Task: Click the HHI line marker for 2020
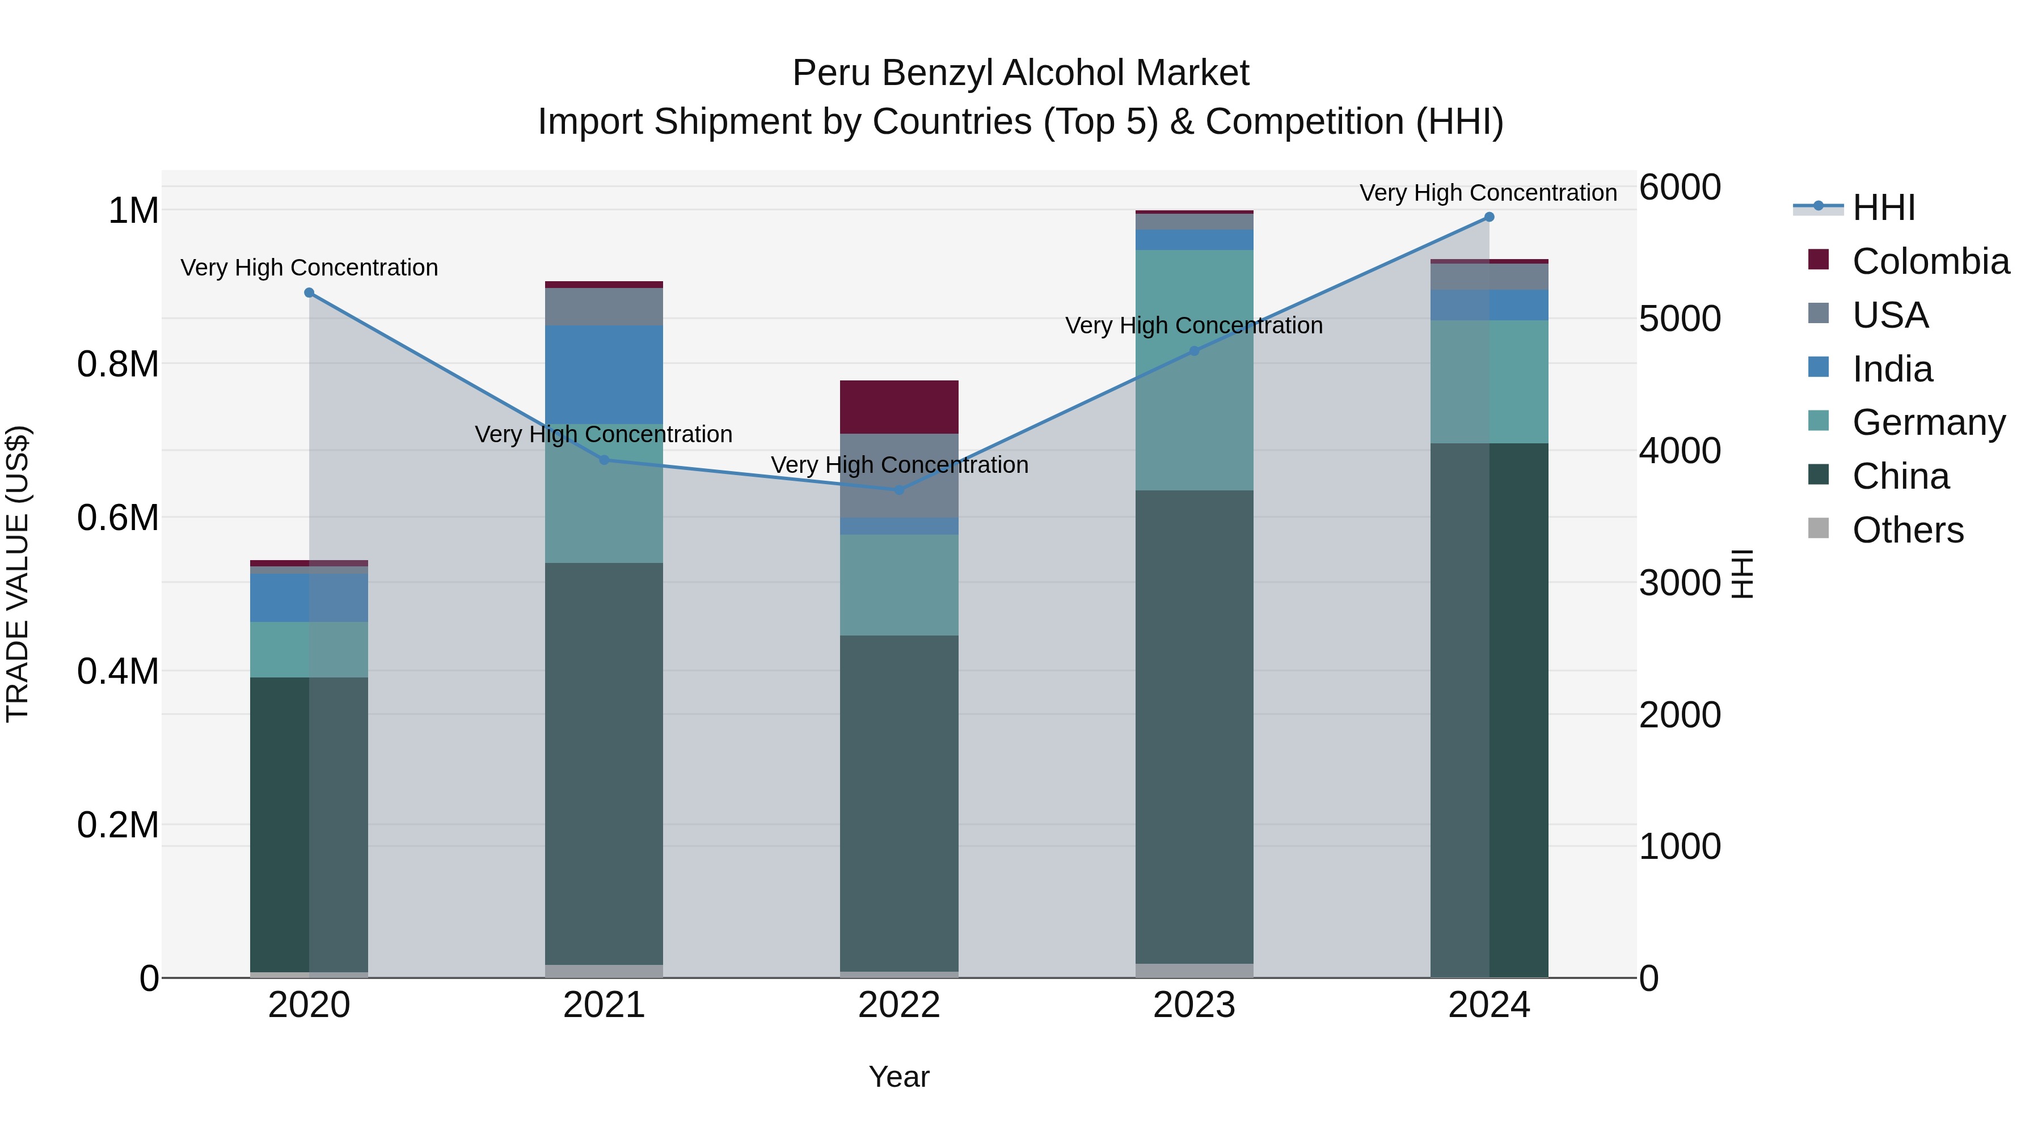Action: (309, 293)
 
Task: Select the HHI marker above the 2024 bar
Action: (1489, 217)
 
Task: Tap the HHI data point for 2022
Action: (899, 490)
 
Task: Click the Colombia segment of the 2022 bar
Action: (899, 407)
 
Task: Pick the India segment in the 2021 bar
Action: (604, 374)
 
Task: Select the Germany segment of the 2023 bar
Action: (1194, 370)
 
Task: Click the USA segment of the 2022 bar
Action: (899, 476)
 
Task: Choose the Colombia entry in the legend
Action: (1930, 261)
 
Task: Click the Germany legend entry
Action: (1928, 422)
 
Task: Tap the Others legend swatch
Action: (1819, 528)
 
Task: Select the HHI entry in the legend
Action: (1883, 207)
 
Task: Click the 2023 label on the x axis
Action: (1194, 1005)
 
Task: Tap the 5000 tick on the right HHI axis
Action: (1680, 319)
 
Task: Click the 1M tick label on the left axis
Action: (133, 211)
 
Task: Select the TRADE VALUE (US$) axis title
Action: (18, 574)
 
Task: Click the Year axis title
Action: (899, 1077)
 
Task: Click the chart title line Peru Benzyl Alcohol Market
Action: (1021, 73)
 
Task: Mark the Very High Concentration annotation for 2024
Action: (1489, 193)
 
